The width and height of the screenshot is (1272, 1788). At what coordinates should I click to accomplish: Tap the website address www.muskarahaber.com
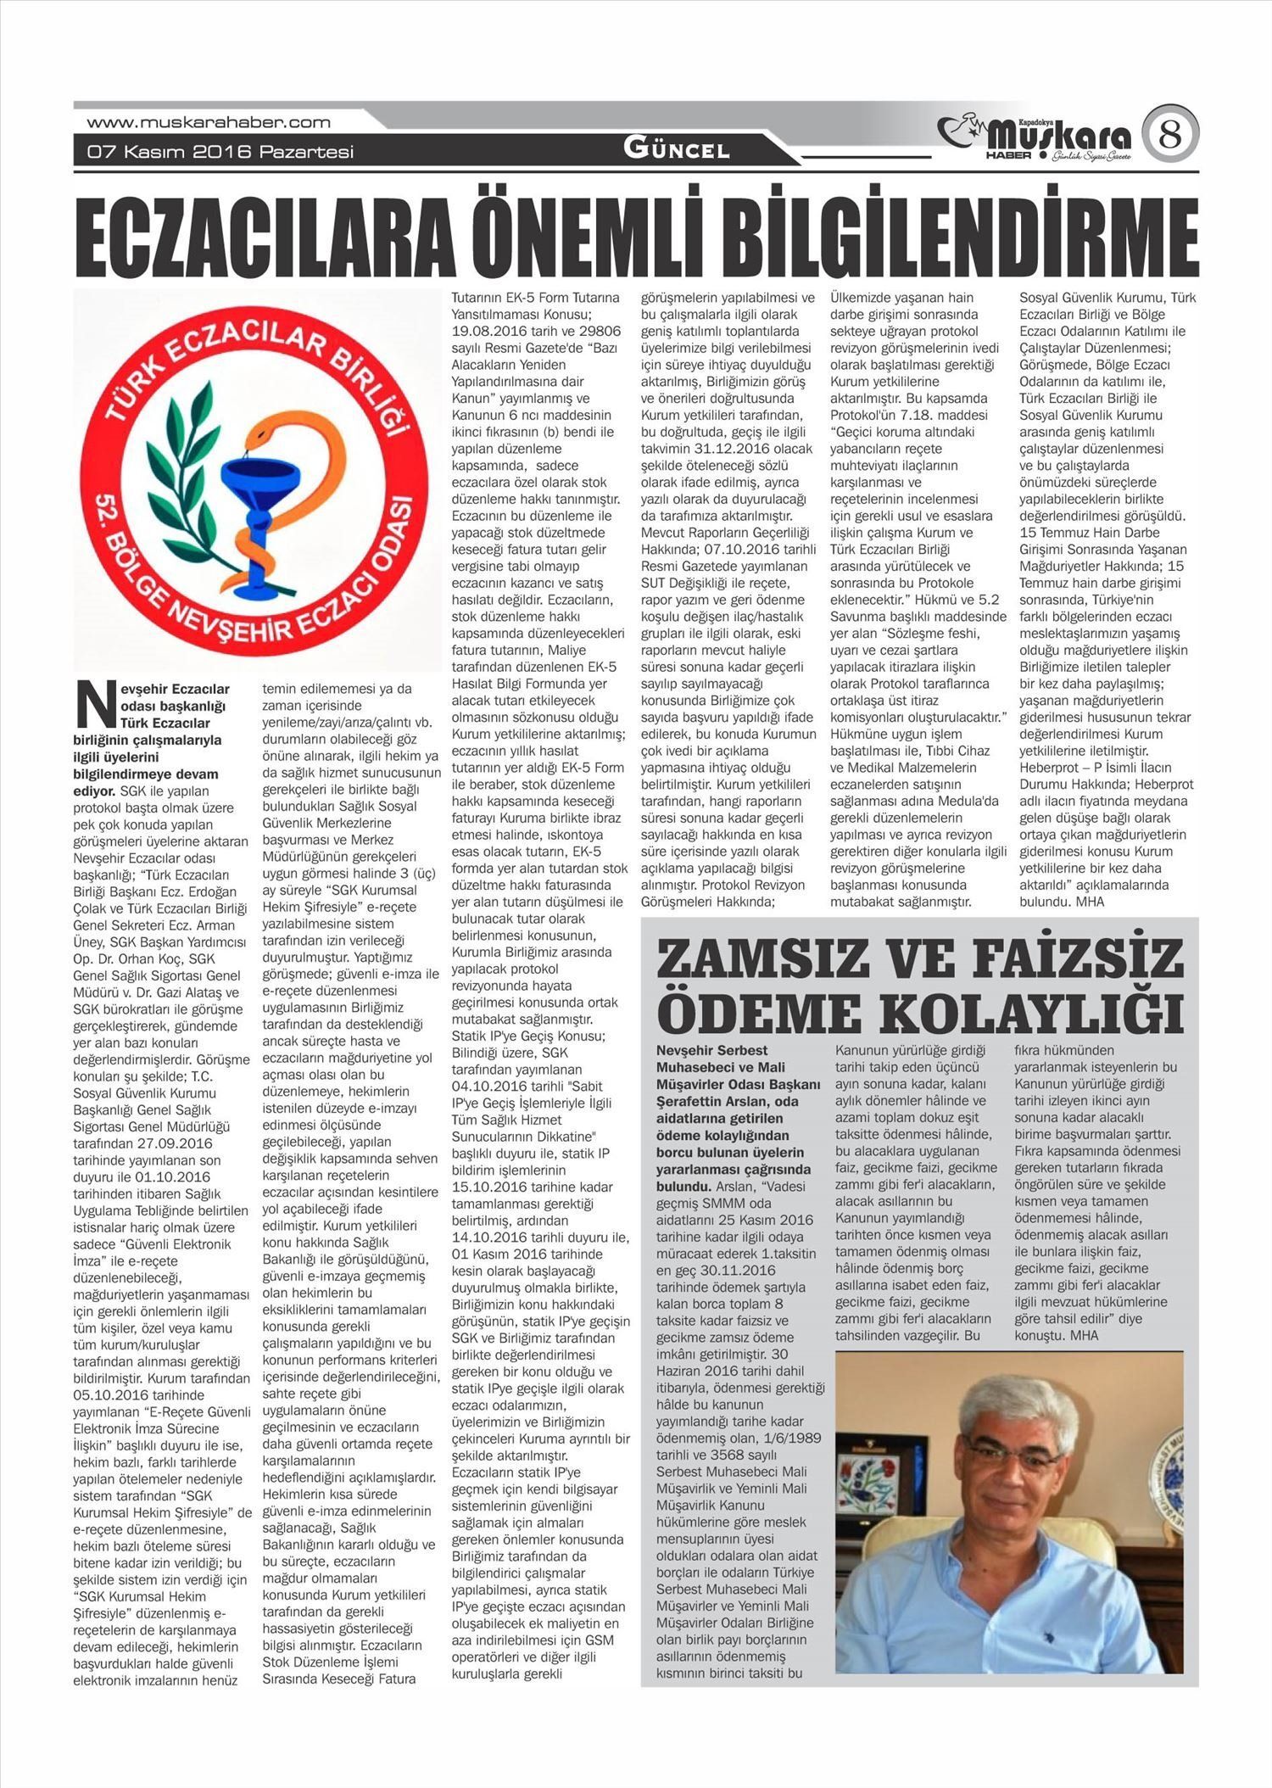[x=209, y=122]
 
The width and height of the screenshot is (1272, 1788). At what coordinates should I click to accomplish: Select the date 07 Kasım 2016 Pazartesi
[x=220, y=153]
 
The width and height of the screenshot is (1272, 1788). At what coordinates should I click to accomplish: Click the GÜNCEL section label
[x=676, y=150]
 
